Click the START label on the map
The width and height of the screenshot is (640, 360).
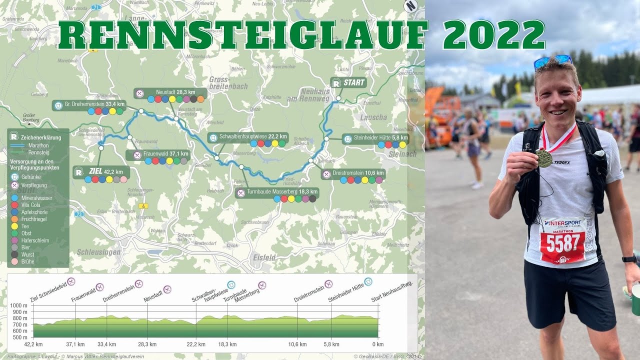click(353, 82)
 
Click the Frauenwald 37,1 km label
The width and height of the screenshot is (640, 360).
click(163, 154)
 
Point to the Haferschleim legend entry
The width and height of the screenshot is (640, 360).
click(35, 240)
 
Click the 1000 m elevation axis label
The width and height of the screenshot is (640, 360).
click(19, 305)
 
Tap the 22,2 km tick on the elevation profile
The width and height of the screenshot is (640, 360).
click(195, 344)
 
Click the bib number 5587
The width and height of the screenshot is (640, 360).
click(563, 243)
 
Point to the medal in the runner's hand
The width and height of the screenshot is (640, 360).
click(544, 158)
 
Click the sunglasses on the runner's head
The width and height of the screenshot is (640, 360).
click(552, 61)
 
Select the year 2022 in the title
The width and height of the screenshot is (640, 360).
click(493, 35)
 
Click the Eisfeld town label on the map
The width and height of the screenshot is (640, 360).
click(264, 257)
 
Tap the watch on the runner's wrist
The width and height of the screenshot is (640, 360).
click(629, 258)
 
